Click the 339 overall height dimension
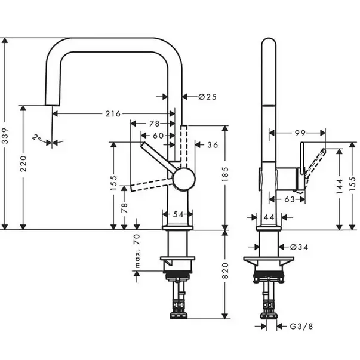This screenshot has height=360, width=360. tap(5, 136)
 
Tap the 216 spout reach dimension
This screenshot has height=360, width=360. tap(113, 113)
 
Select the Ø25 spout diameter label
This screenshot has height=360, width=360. tap(207, 97)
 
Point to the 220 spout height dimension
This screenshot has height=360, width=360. tap(23, 164)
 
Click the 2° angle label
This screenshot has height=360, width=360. tap(36, 138)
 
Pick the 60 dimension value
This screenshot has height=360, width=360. tap(158, 136)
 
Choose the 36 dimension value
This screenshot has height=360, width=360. tap(213, 145)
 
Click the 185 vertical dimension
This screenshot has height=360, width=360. tap(225, 174)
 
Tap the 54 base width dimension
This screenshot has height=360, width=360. tap(178, 214)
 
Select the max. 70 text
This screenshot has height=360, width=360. tap(137, 251)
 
